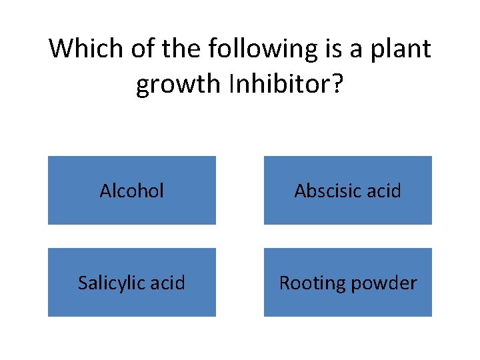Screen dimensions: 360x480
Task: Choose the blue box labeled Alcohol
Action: (132, 191)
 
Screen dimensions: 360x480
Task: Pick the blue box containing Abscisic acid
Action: (348, 191)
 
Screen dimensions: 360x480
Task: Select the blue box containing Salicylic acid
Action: (132, 283)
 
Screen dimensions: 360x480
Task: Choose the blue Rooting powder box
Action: (348, 283)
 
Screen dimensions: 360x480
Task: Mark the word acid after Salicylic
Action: (168, 283)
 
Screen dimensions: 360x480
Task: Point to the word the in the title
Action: (180, 49)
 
